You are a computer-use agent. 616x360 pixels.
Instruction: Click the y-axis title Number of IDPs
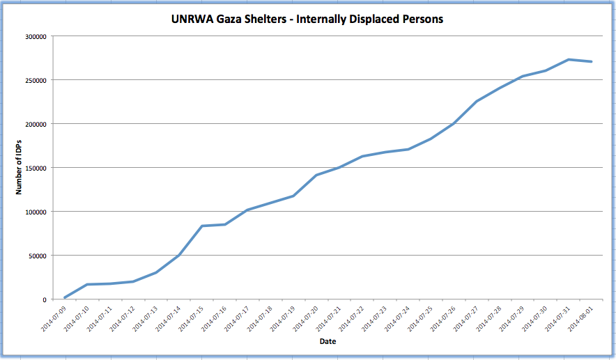pos(21,168)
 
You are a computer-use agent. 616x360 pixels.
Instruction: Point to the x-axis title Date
pos(328,342)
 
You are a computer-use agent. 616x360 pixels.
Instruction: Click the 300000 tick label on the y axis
pos(34,36)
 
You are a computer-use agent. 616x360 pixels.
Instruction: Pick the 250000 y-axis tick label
pos(34,80)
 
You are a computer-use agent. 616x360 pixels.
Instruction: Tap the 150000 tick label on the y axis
pos(34,168)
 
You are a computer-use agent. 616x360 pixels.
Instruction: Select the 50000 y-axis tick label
pos(36,256)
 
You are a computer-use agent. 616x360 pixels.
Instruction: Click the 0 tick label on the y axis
pos(44,299)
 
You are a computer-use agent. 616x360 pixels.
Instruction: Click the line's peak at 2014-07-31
pos(569,60)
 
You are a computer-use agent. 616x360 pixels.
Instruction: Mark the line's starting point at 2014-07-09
pos(64,298)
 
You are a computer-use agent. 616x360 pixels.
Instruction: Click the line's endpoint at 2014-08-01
pos(592,62)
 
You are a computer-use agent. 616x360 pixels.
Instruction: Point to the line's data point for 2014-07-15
pos(201,226)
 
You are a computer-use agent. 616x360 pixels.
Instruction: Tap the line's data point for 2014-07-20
pos(316,175)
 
